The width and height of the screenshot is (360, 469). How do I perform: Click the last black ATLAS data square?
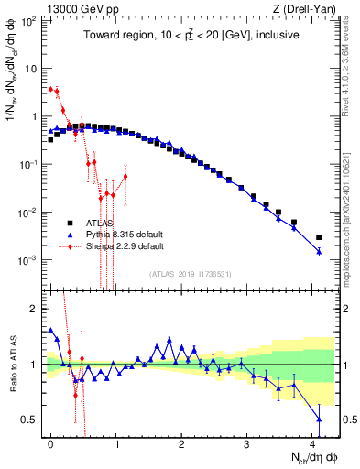(x=319, y=237)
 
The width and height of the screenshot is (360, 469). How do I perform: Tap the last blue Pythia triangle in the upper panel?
(x=319, y=251)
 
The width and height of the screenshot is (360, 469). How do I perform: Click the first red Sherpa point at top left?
(x=51, y=89)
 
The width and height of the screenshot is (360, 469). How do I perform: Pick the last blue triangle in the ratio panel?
(x=319, y=420)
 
